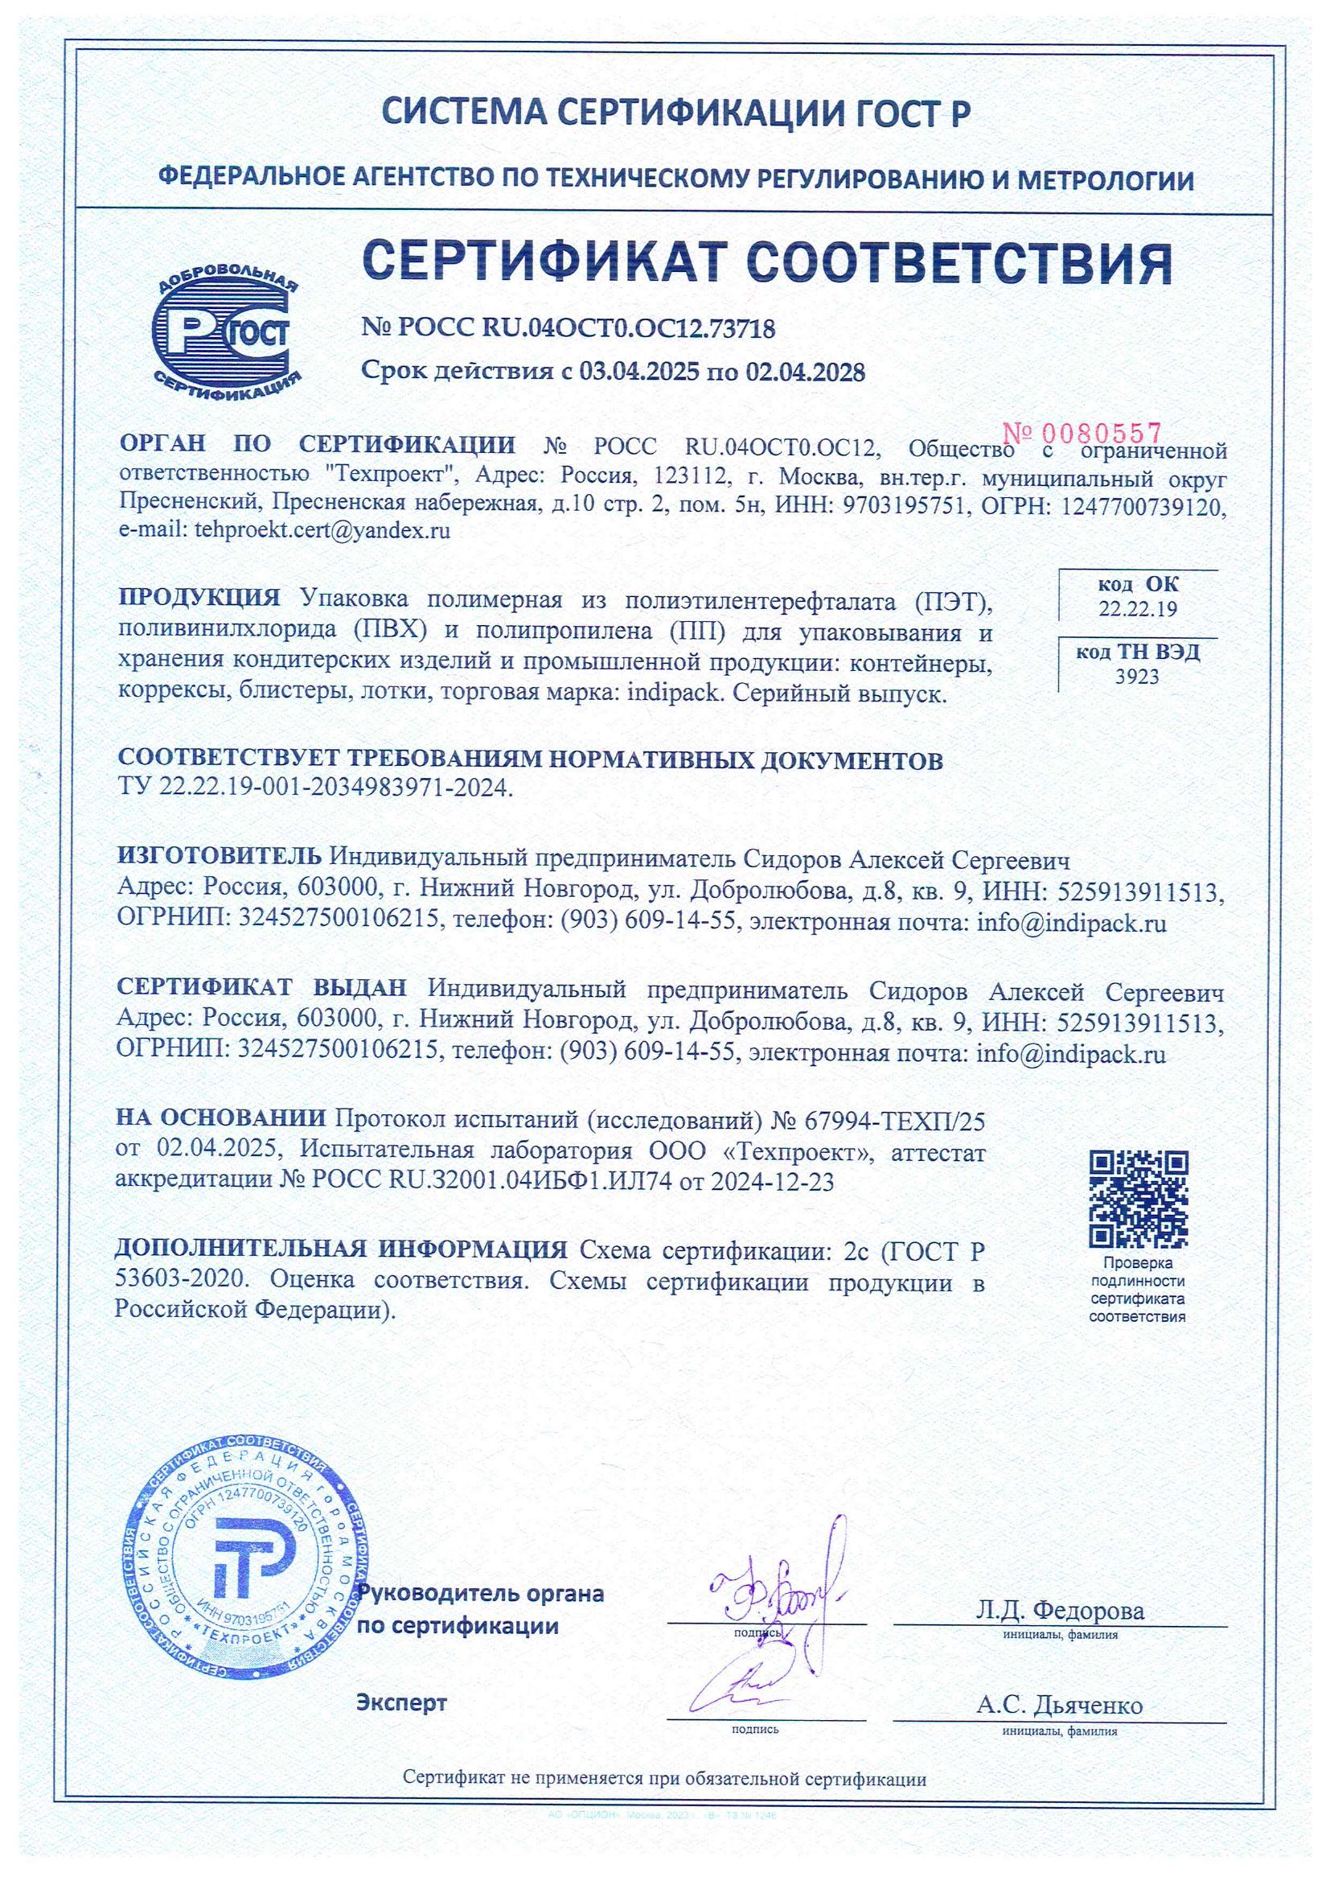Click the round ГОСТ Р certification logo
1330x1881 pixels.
(226, 332)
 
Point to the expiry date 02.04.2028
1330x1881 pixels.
(804, 372)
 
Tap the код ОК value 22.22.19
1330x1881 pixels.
(1138, 609)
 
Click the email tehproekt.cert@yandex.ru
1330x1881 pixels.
(322, 530)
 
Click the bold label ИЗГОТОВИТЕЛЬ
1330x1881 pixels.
(220, 859)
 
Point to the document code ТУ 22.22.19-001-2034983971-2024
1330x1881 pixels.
(316, 788)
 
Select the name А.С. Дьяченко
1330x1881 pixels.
(1059, 1706)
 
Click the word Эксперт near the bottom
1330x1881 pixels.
(401, 1702)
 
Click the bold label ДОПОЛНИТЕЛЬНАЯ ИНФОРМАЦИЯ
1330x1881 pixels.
(341, 1250)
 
